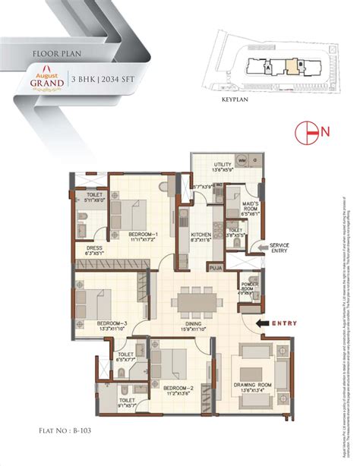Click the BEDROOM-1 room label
click(142, 234)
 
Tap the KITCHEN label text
click(201, 235)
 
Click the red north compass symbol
click(308, 131)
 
